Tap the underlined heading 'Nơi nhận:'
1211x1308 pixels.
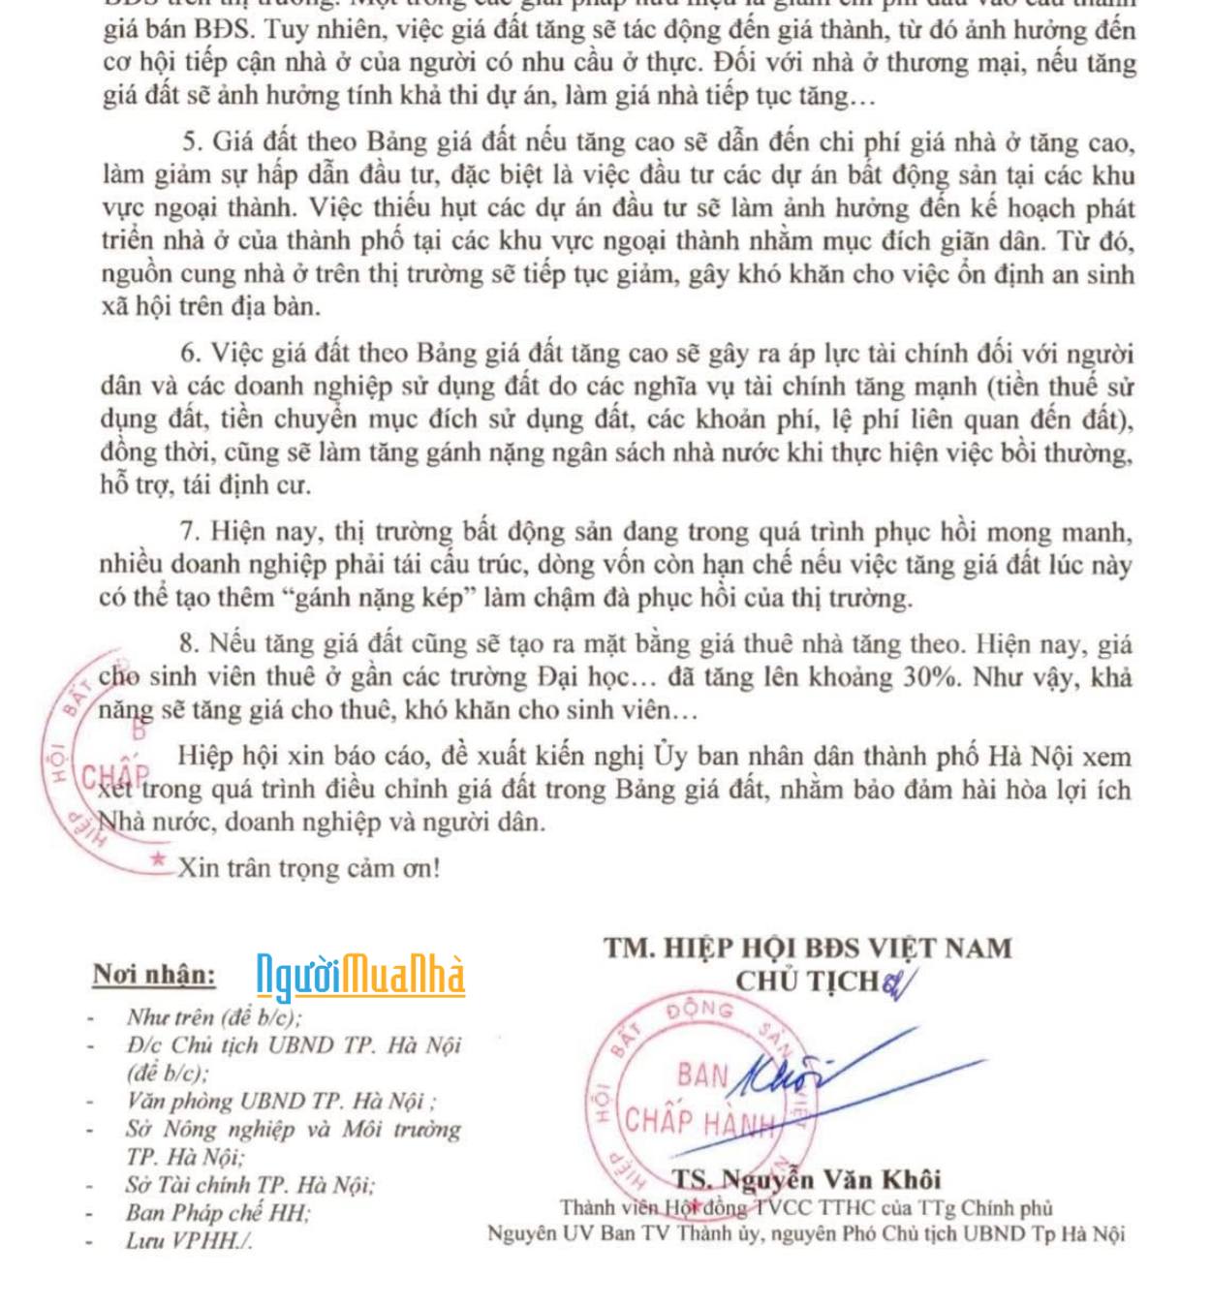[154, 975]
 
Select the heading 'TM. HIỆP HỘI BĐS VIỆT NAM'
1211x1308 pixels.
[808, 948]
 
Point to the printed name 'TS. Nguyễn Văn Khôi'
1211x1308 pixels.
[807, 1179]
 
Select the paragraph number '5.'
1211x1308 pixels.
[193, 142]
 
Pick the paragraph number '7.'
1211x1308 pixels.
[190, 532]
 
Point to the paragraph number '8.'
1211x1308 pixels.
[190, 644]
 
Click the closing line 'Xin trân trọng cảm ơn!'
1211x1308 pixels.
[308, 868]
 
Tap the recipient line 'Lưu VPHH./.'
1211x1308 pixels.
[189, 1240]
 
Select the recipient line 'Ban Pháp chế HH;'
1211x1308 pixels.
[218, 1212]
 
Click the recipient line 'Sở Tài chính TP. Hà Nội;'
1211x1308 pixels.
[250, 1184]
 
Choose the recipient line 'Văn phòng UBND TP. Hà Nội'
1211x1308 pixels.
[280, 1101]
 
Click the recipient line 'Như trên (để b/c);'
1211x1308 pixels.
[214, 1017]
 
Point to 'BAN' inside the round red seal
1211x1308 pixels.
[703, 1075]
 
